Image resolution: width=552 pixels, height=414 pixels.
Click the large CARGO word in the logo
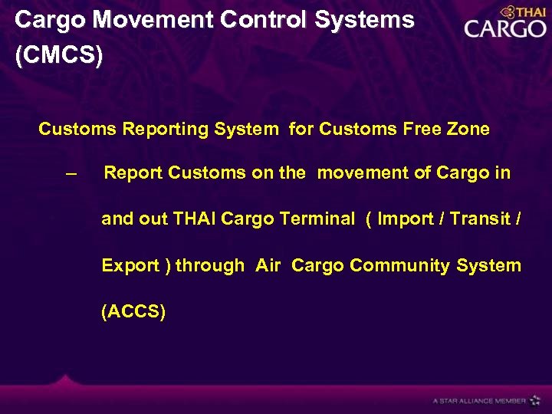(x=504, y=29)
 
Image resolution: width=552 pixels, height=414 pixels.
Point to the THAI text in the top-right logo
(x=530, y=11)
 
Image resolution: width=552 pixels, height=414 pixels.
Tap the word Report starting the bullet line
(x=133, y=173)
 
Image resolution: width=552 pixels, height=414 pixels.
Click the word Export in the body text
(x=130, y=266)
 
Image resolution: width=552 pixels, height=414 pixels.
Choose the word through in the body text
(x=210, y=266)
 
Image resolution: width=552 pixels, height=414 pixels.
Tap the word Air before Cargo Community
(x=268, y=265)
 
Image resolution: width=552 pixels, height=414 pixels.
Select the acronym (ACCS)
(x=133, y=312)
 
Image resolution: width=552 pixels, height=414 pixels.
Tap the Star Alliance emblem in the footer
(x=535, y=400)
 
